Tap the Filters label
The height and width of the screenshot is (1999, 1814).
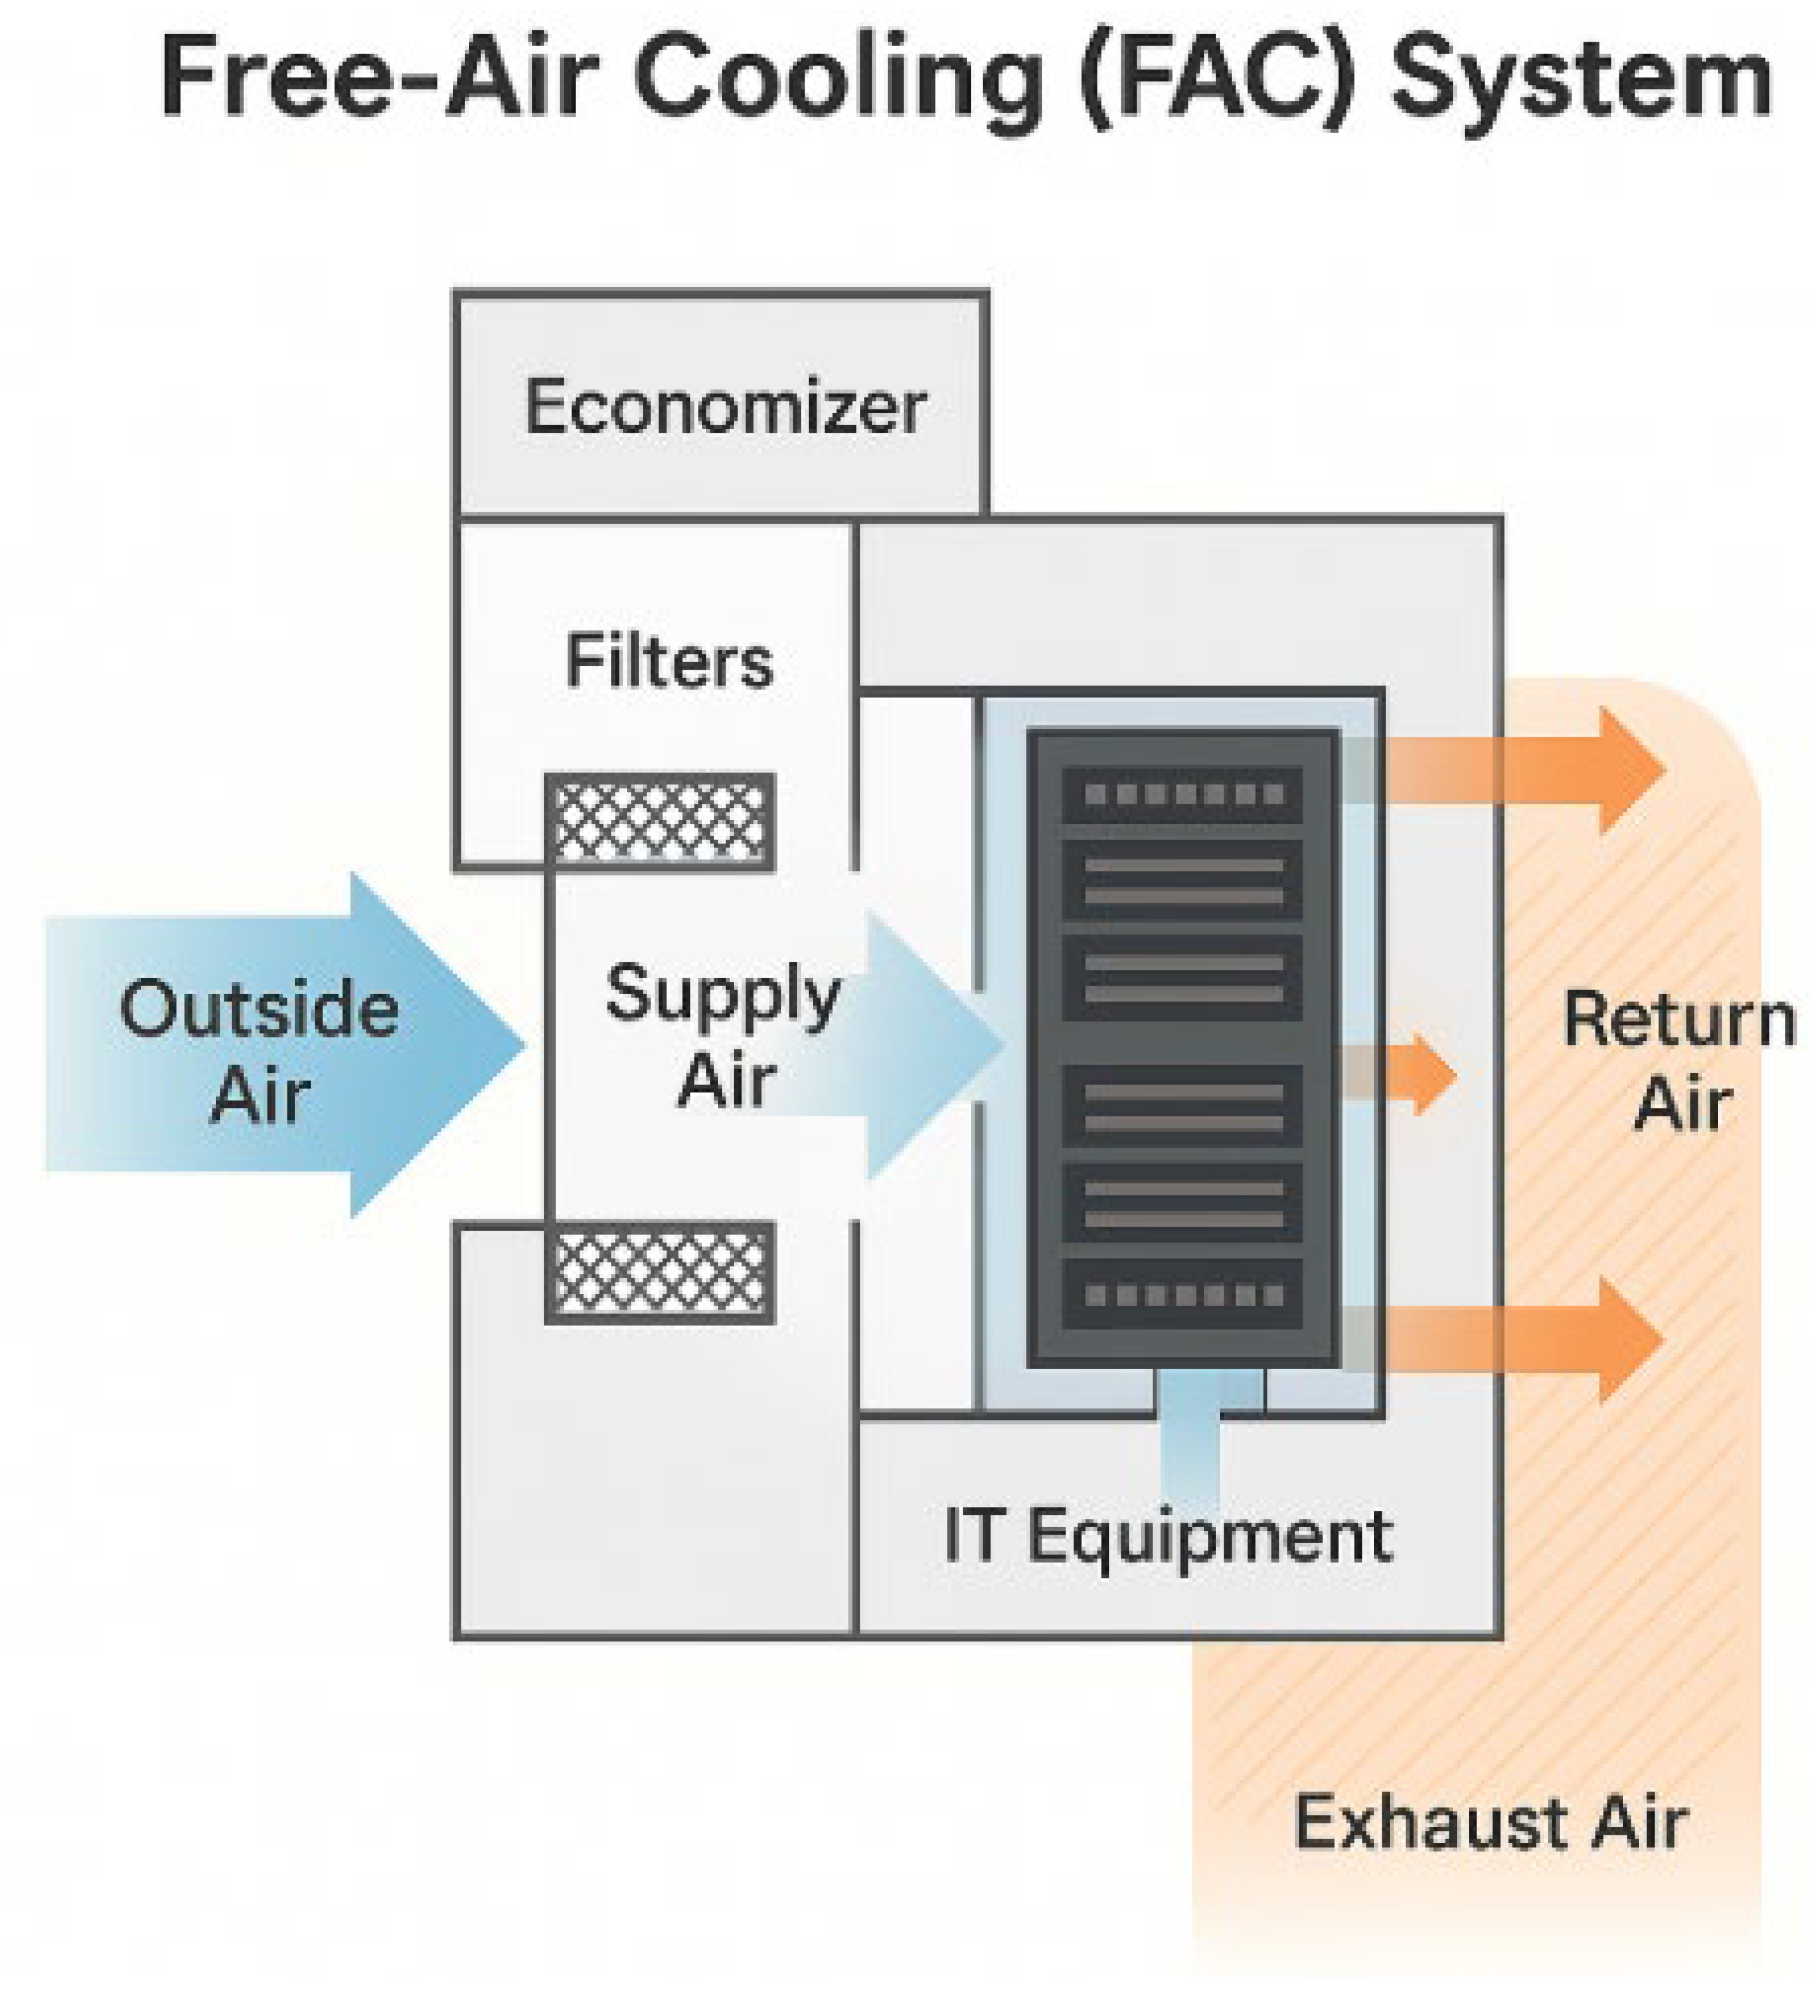coord(669,662)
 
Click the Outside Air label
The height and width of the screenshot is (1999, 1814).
coord(259,1052)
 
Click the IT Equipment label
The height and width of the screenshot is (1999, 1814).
coord(1167,1537)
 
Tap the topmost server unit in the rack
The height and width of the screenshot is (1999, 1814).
coord(1182,794)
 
